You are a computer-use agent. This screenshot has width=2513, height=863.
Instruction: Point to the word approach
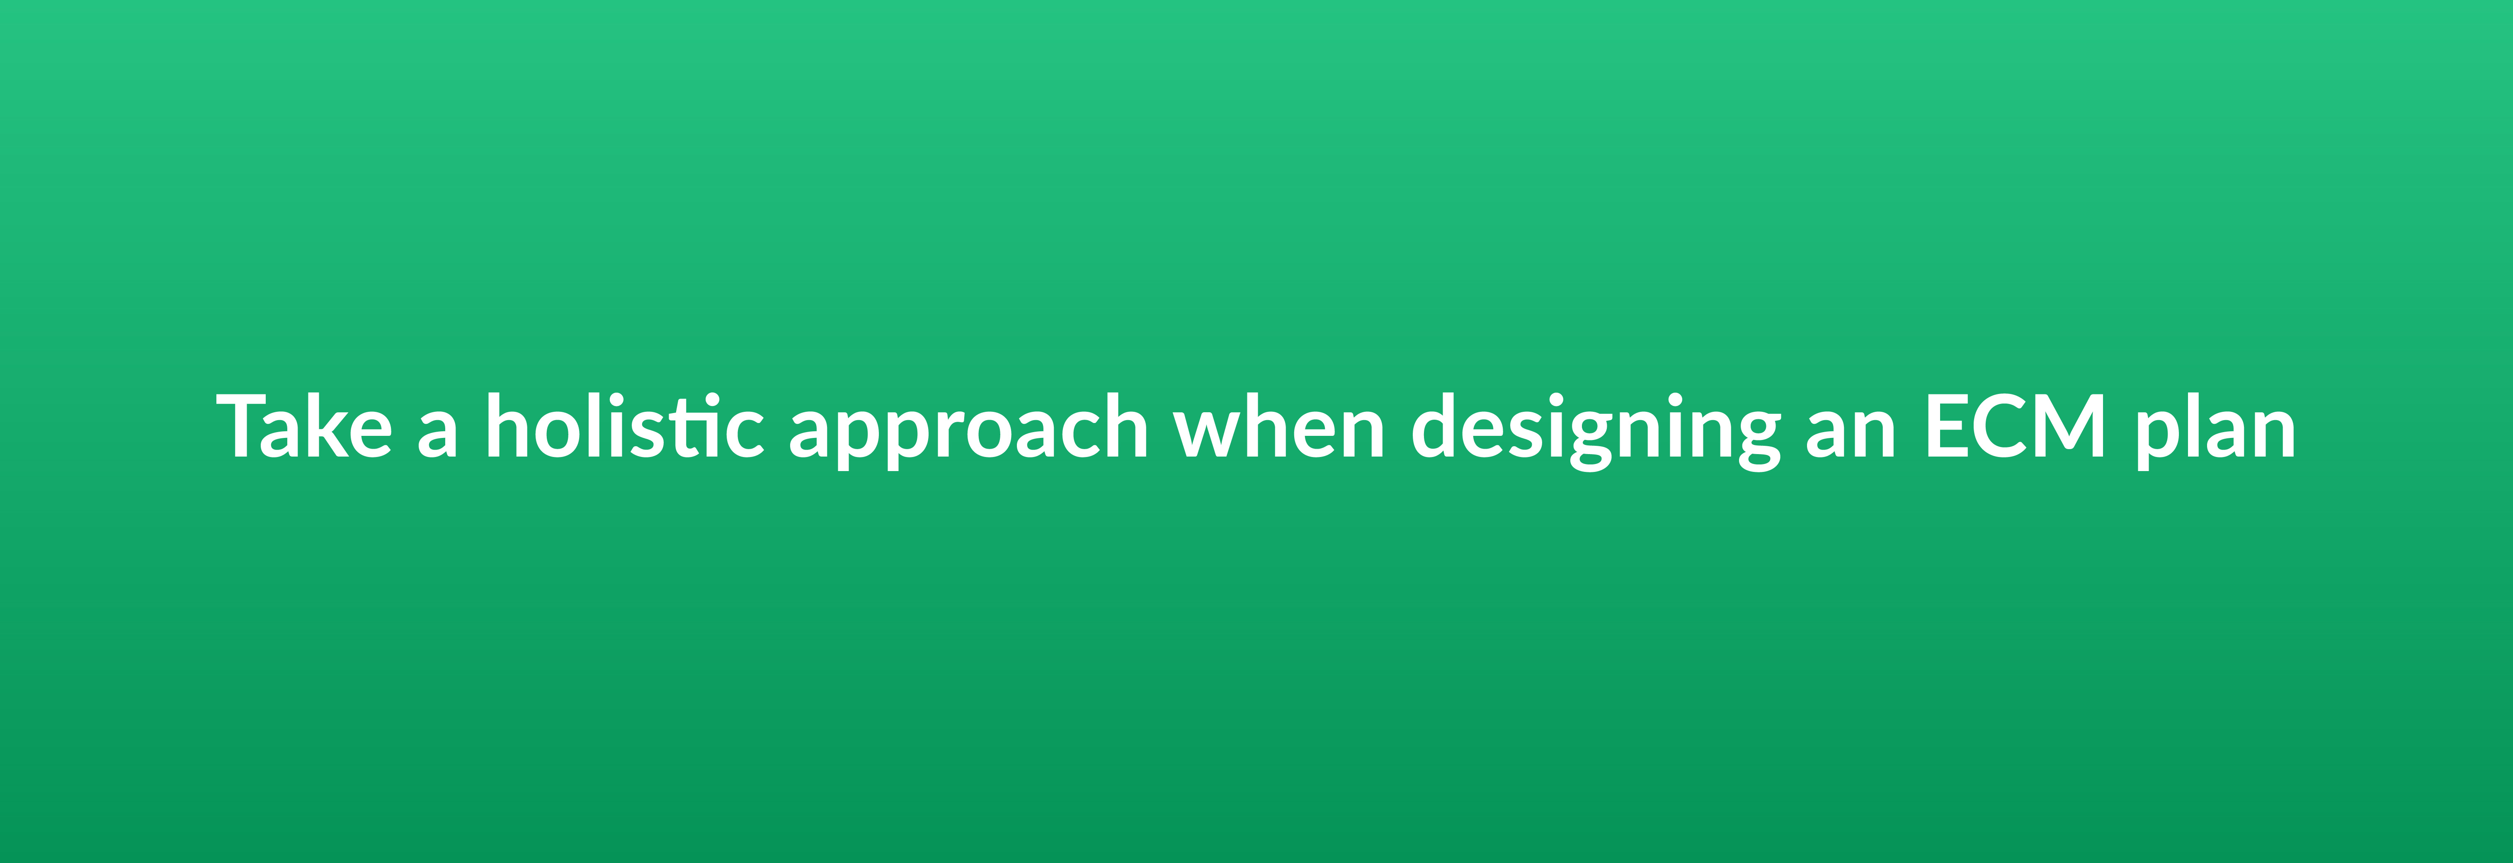coord(968,431)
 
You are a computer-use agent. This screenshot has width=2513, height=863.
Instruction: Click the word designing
coord(1596,431)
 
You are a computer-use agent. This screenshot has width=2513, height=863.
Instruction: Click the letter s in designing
coord(1538,434)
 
